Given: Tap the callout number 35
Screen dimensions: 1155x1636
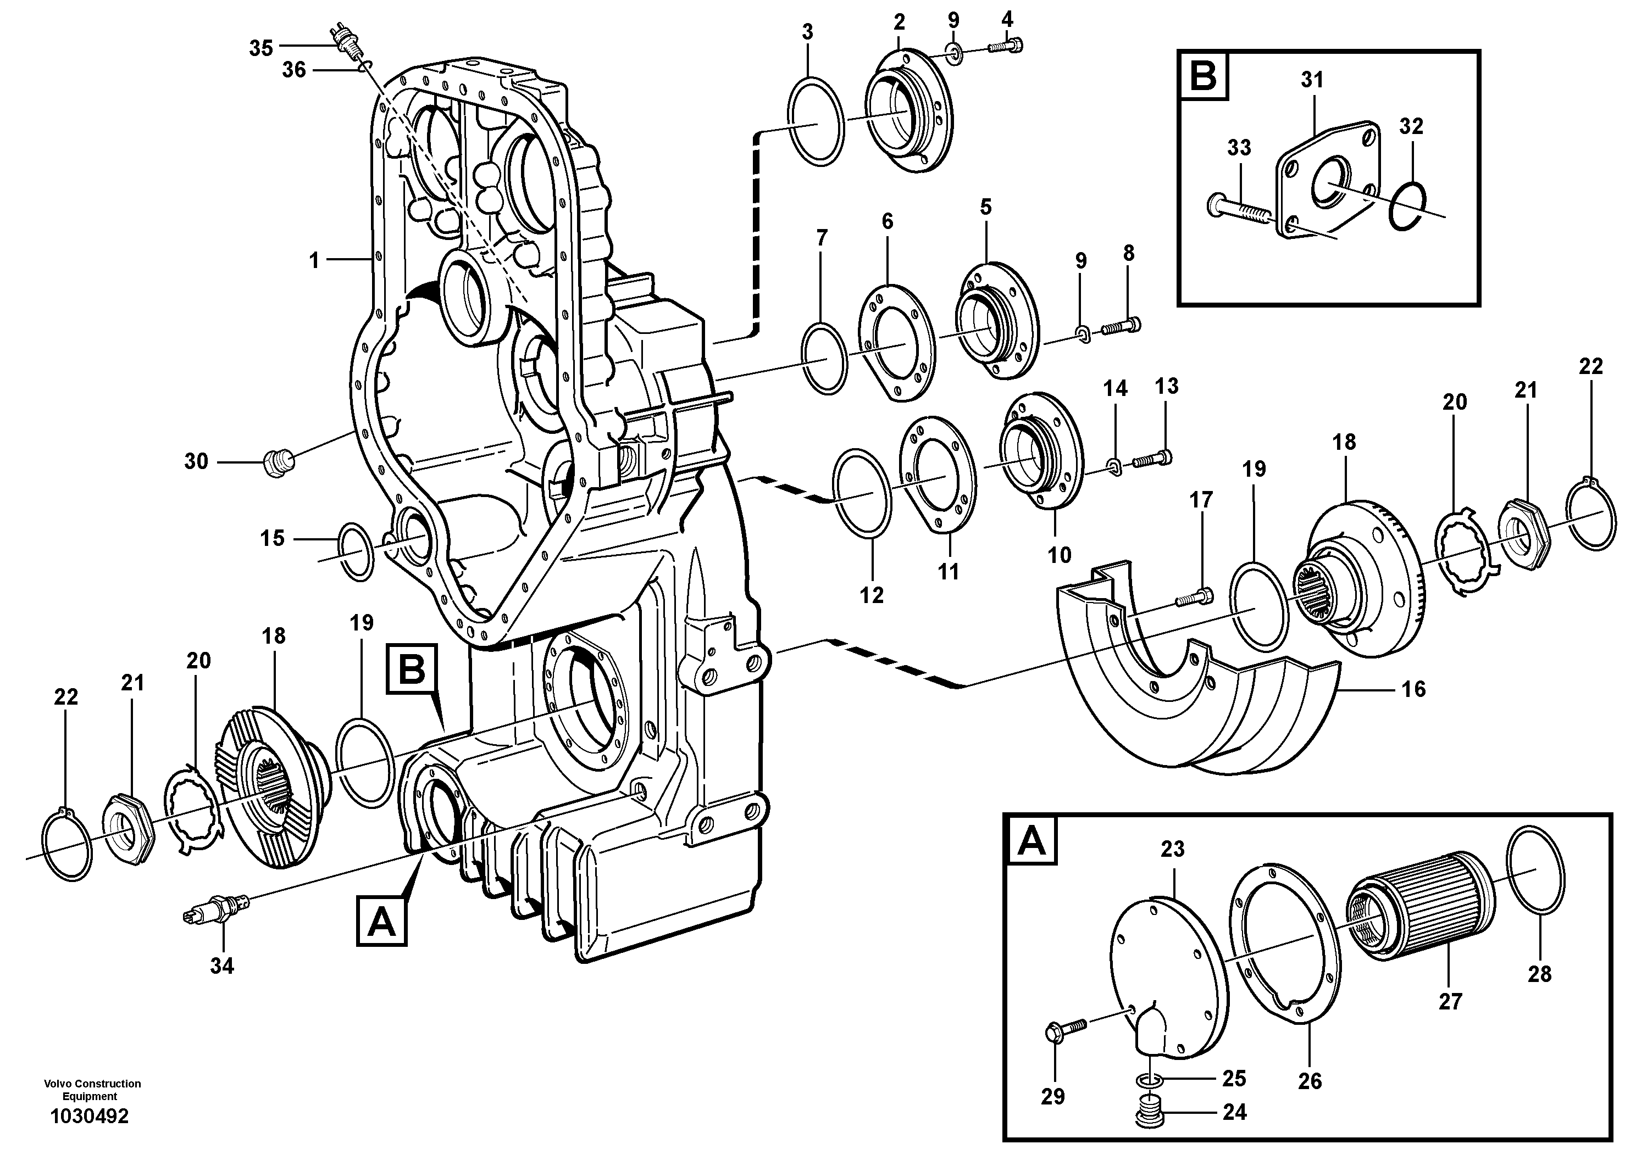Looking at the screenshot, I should click(261, 48).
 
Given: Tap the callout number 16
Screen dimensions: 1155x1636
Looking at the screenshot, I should click(1413, 689).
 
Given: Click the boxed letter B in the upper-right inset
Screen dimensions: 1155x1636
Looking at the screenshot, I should click(1204, 74).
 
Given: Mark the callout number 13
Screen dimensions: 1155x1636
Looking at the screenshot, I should click(1167, 387).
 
